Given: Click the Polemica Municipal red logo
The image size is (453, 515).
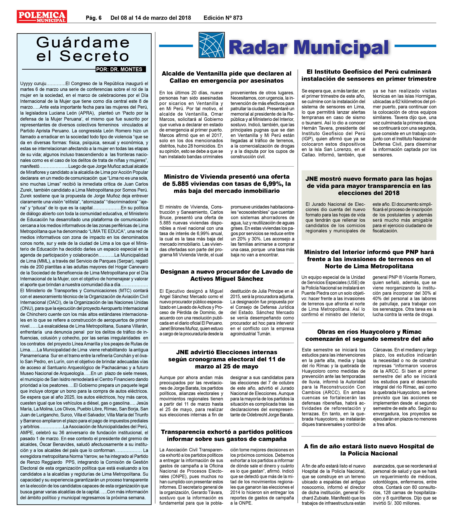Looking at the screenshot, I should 42,17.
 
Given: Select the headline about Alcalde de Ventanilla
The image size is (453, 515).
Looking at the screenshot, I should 226,77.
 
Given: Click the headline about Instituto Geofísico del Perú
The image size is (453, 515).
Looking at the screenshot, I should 369,75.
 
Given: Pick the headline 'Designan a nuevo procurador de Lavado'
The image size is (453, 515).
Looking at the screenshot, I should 226,275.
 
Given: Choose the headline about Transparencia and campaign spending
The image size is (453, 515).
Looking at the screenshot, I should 226,435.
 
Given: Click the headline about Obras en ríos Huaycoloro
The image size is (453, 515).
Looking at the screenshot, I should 369,335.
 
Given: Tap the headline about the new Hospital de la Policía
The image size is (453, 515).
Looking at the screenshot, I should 369,450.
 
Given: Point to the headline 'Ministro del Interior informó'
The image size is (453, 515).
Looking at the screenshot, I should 369,259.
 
